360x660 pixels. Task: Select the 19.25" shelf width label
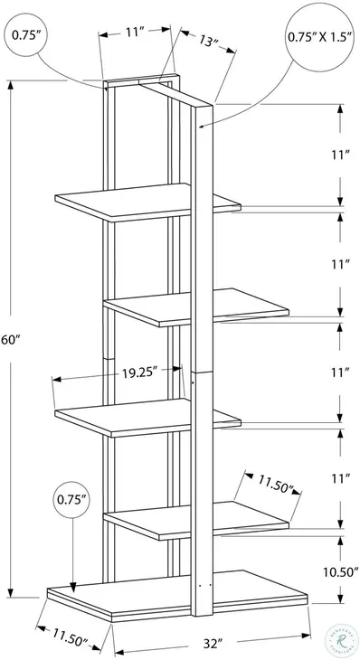point(140,370)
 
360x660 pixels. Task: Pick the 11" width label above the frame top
point(136,33)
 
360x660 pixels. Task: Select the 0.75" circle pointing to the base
point(72,498)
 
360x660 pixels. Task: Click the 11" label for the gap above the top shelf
point(339,156)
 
